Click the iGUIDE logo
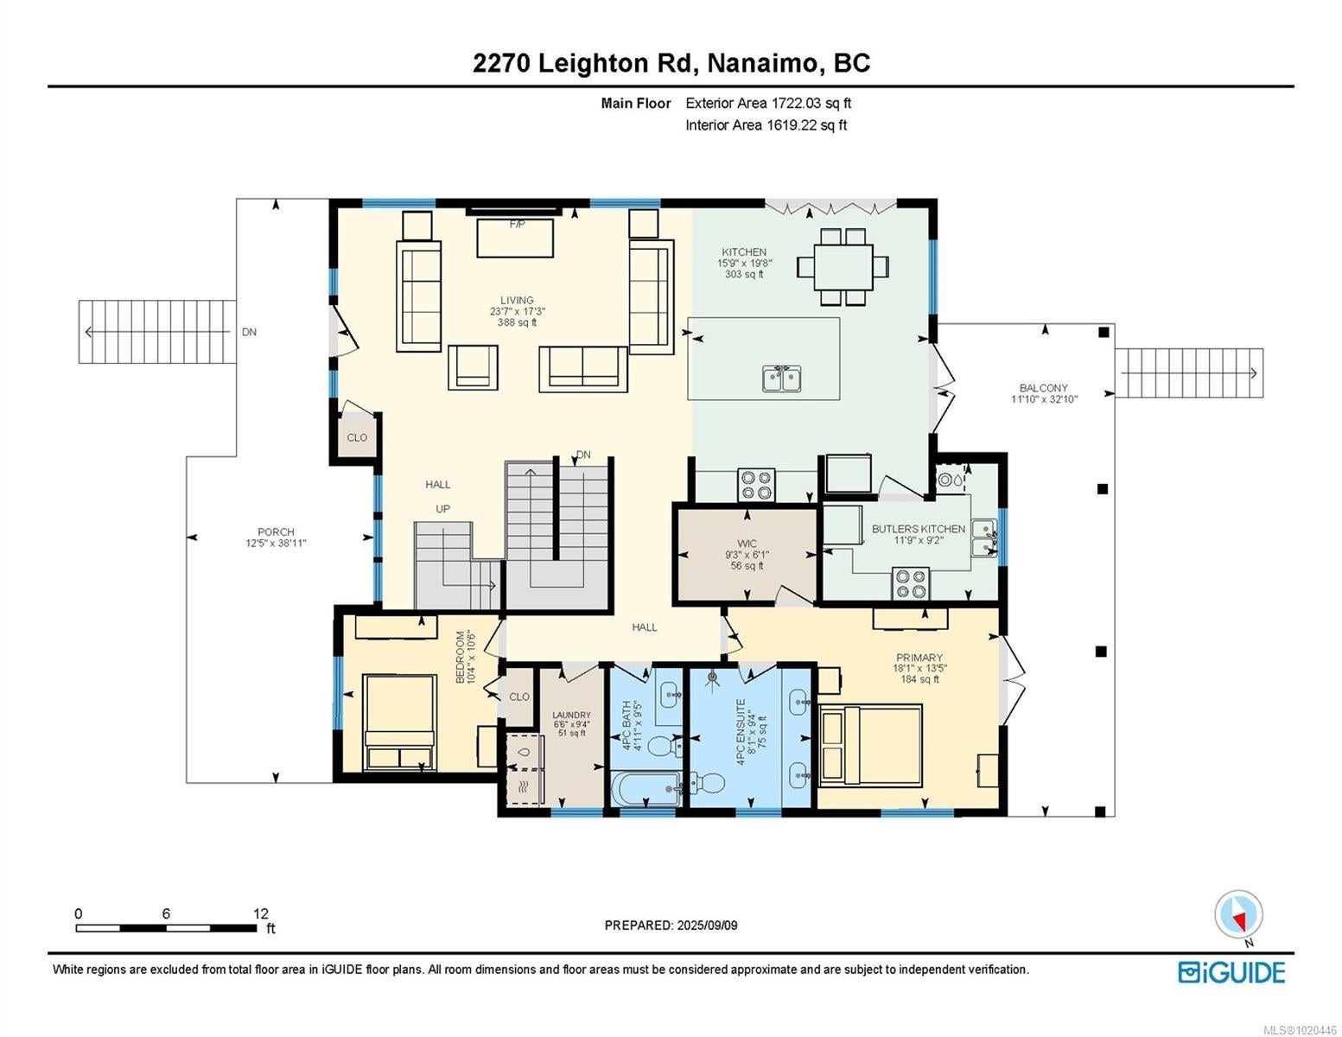[x=1232, y=972]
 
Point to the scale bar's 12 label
[x=261, y=913]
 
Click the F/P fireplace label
[x=518, y=224]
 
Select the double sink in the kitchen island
[x=782, y=378]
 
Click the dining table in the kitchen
[x=843, y=267]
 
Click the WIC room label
[x=747, y=544]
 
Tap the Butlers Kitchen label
[x=919, y=529]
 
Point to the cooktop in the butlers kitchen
[x=911, y=583]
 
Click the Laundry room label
[x=571, y=716]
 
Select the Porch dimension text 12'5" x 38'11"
[x=276, y=544]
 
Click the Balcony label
[x=1044, y=388]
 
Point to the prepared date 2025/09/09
[x=707, y=926]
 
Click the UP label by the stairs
[x=442, y=509]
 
